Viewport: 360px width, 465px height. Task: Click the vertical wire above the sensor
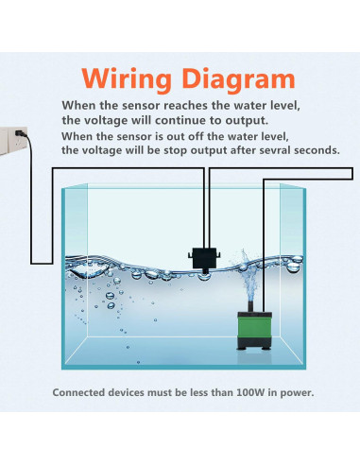[x=206, y=208]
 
